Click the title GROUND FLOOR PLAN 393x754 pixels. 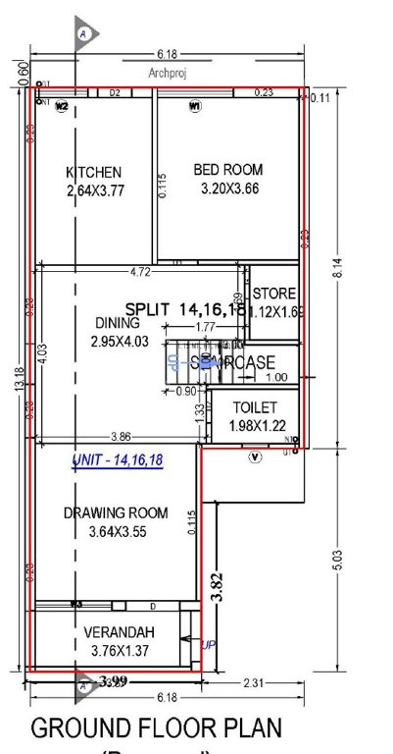[x=158, y=728]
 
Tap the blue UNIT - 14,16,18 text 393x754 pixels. [x=117, y=460]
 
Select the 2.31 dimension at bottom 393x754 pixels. [x=254, y=682]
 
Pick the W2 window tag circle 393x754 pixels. [x=61, y=106]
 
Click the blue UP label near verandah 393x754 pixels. [x=208, y=644]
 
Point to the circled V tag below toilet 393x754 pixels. [x=256, y=456]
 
